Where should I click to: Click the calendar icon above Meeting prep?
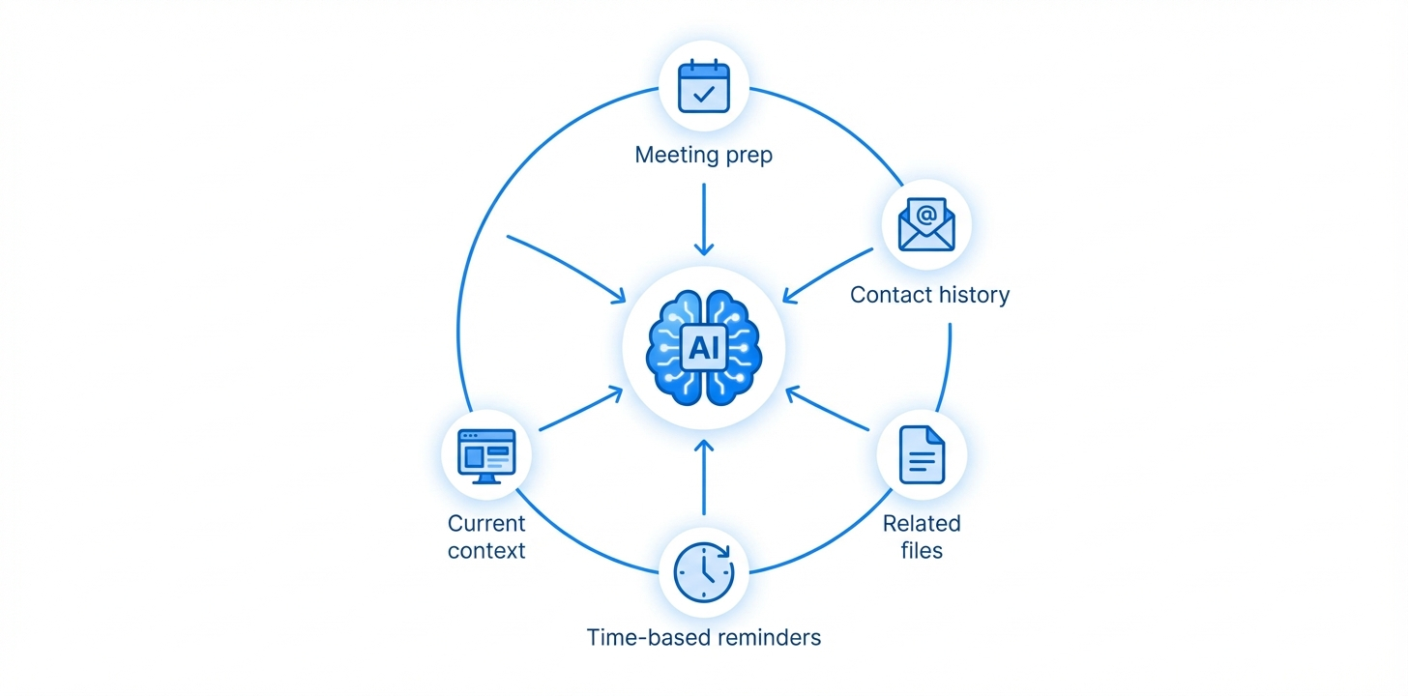pos(703,87)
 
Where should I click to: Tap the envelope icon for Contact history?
pos(926,224)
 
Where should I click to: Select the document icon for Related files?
pos(922,453)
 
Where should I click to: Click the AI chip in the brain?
pos(703,346)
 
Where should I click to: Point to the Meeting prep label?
pos(703,155)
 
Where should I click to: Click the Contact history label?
pos(929,295)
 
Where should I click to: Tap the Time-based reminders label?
pos(704,638)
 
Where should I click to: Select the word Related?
pos(922,524)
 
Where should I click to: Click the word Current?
pos(486,524)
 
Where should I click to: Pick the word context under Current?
pos(486,551)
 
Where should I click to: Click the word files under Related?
pos(922,551)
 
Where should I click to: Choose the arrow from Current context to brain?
pos(579,410)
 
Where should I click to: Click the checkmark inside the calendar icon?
pos(704,94)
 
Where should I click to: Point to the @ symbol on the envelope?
pos(926,214)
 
